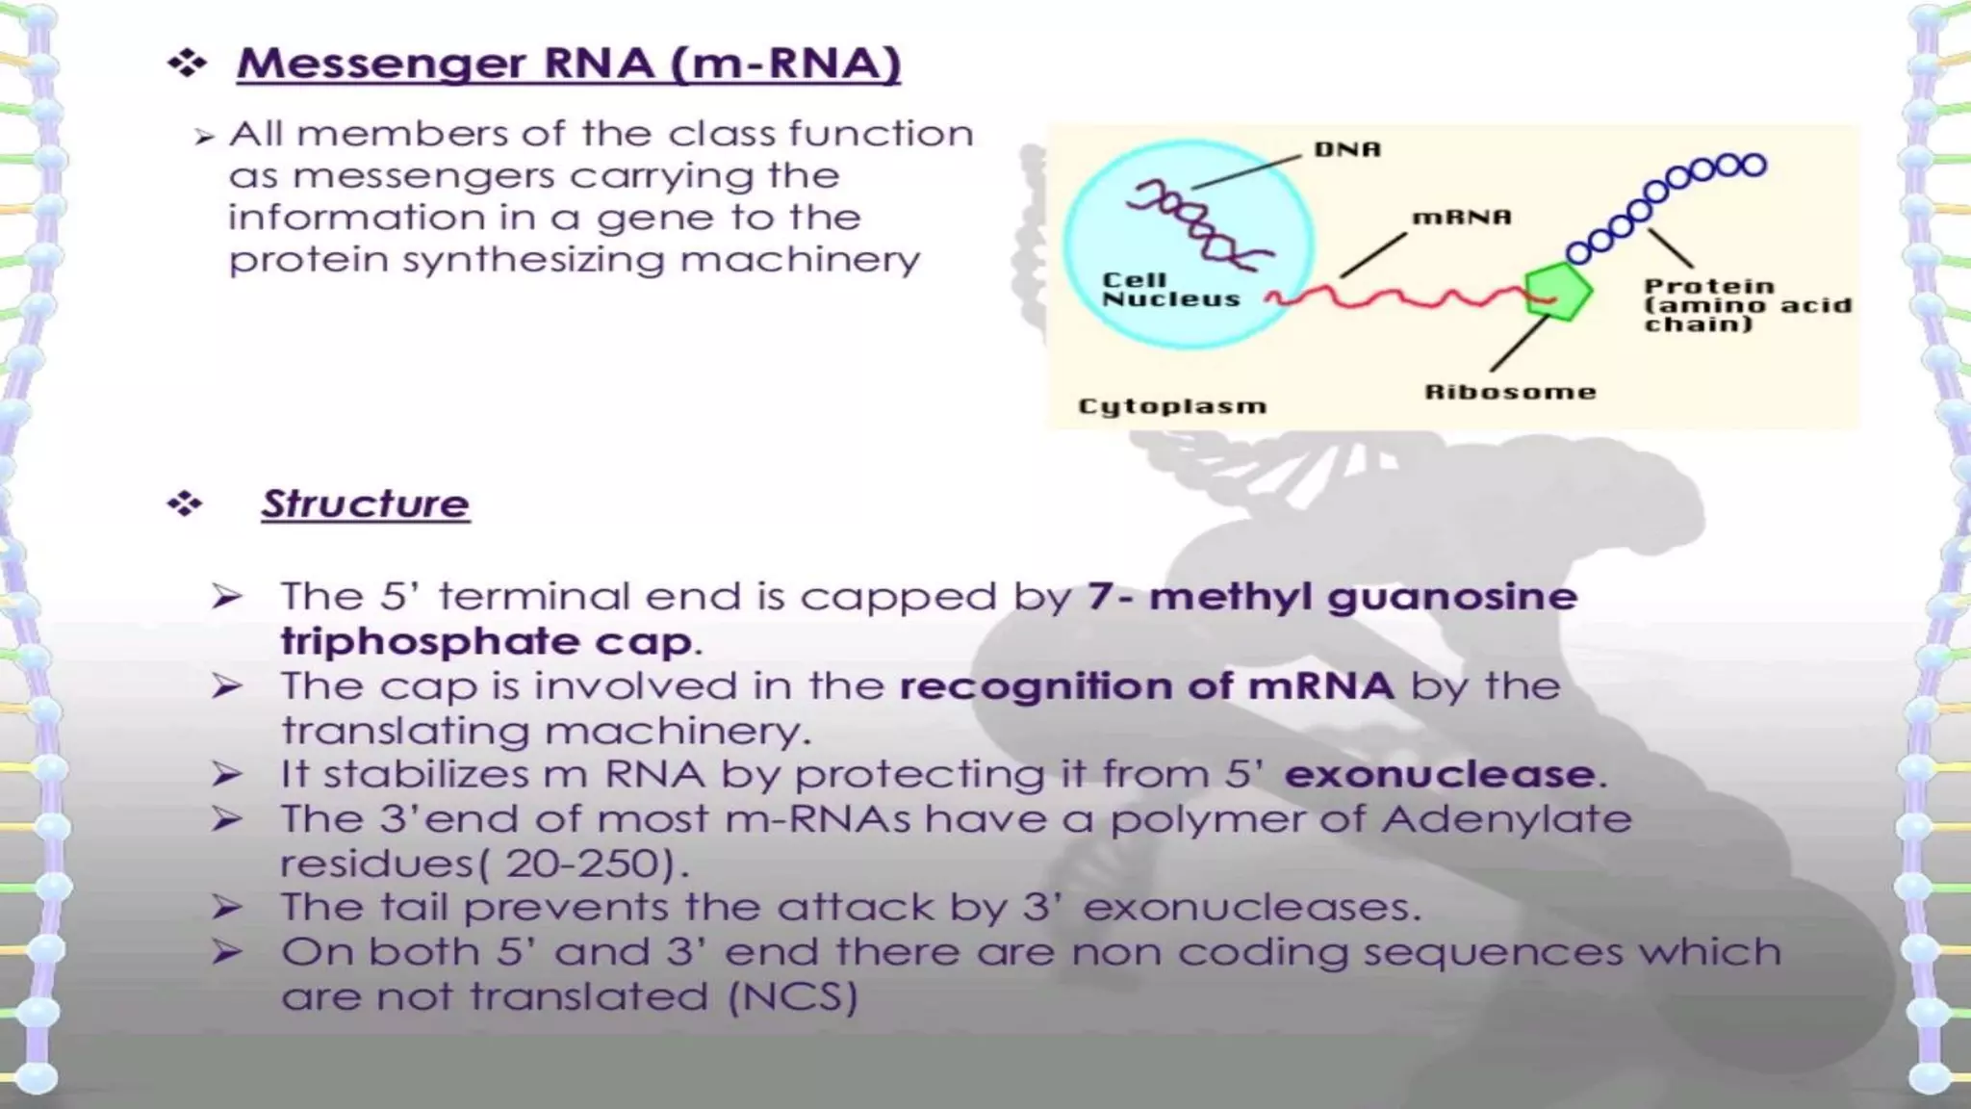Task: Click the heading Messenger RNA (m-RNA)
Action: coord(568,64)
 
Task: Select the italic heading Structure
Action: coord(365,503)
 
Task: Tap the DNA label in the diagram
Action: coord(1347,149)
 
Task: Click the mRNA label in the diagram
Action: coord(1461,218)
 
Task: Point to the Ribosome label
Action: coord(1509,392)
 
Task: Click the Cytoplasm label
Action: coord(1171,406)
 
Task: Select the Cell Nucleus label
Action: coord(1169,290)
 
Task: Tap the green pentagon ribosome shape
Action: coord(1557,291)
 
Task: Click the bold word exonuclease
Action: coord(1440,774)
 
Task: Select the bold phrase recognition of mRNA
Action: coord(1146,686)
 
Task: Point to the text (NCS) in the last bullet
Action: coord(792,996)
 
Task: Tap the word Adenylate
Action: coord(1506,819)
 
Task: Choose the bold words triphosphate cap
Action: coord(486,641)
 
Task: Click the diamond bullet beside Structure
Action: coord(185,503)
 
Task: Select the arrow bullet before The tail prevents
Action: coord(226,907)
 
